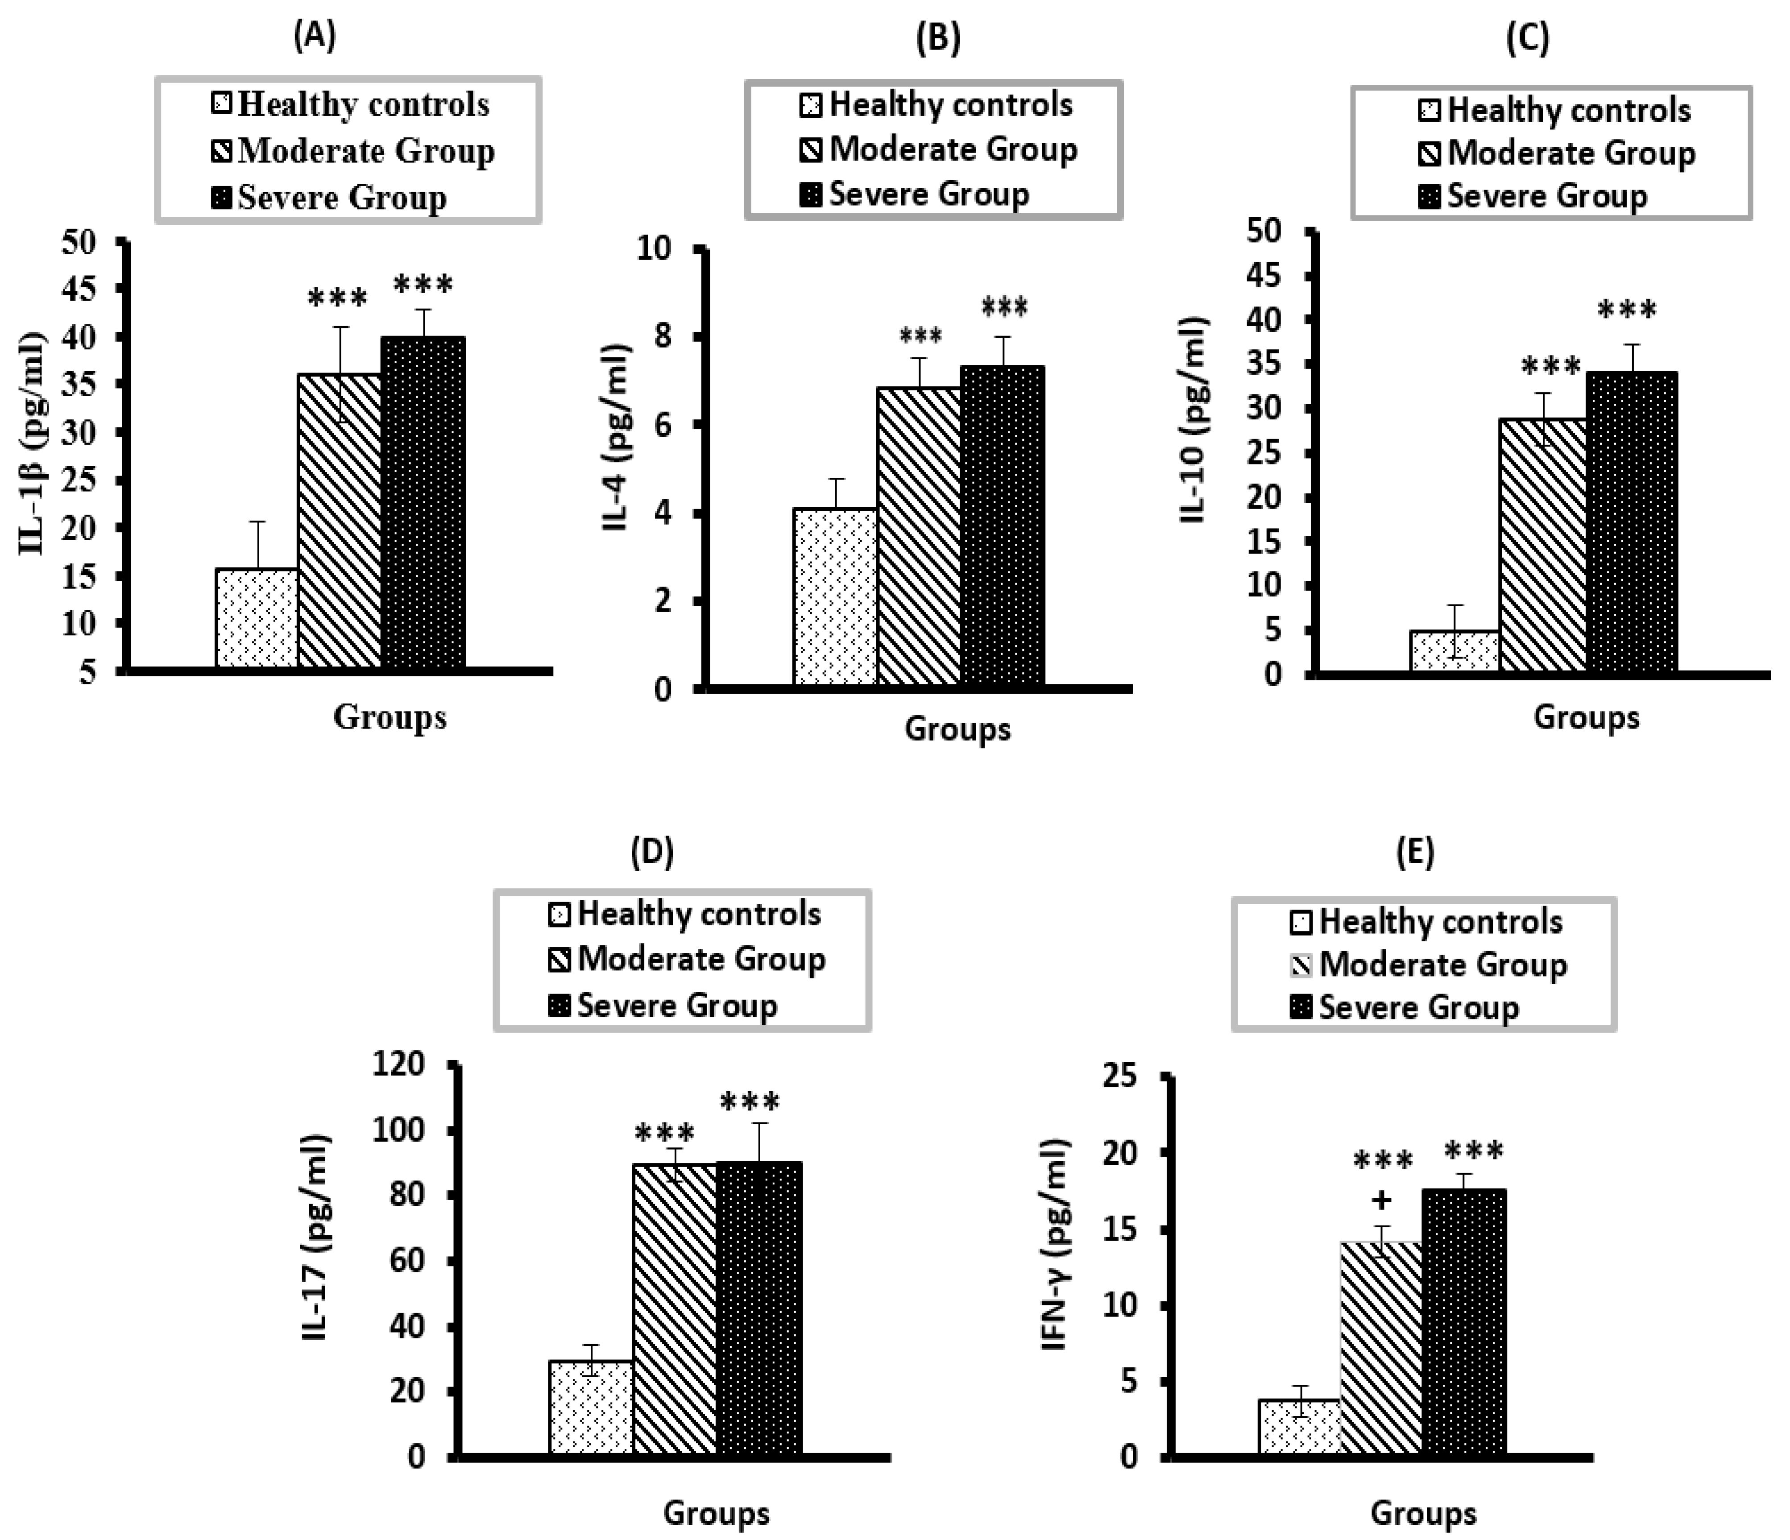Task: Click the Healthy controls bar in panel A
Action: click(257, 617)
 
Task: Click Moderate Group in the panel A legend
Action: click(365, 151)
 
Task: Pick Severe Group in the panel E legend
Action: click(1417, 1007)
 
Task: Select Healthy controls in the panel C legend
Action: click(1568, 111)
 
